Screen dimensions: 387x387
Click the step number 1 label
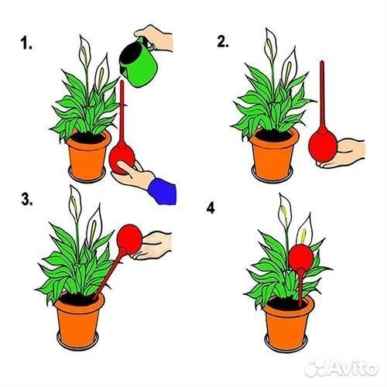click(x=26, y=43)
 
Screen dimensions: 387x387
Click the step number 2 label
click(x=223, y=41)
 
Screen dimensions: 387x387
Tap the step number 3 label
click(x=27, y=199)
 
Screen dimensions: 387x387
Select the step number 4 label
click(x=211, y=208)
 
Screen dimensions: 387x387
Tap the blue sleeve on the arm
click(x=163, y=190)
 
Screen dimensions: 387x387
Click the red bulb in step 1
click(x=122, y=160)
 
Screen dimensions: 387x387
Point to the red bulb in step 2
click(x=323, y=147)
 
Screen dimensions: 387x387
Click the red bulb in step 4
click(x=301, y=258)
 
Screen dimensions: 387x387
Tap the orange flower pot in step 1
click(x=87, y=156)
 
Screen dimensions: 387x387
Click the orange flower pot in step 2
click(x=273, y=155)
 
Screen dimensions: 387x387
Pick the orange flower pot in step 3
click(x=78, y=320)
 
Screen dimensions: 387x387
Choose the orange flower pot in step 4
click(x=288, y=323)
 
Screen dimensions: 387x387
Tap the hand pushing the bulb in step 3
click(x=152, y=245)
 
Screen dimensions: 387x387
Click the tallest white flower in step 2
click(x=271, y=45)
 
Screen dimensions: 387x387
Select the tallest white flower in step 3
click(x=75, y=204)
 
